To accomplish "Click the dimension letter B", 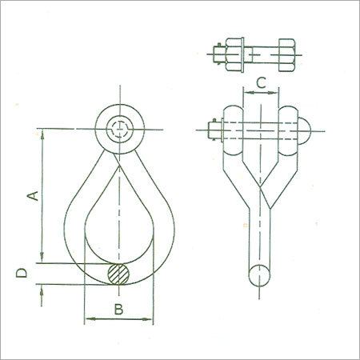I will click(x=117, y=307).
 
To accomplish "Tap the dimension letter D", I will click(x=24, y=274).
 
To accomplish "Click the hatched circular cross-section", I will click(x=118, y=274).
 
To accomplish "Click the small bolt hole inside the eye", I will click(x=118, y=129).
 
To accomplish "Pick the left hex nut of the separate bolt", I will click(x=234, y=54).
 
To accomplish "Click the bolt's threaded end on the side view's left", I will click(x=212, y=129).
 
